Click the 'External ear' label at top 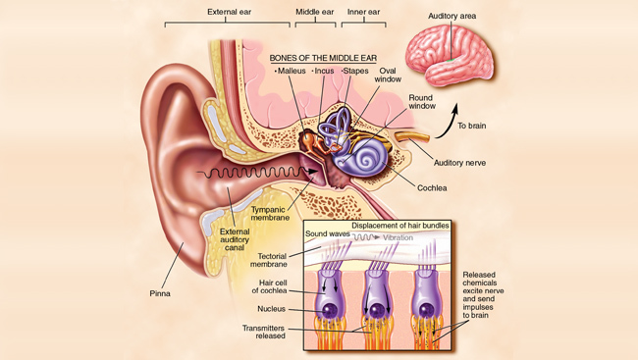coord(230,12)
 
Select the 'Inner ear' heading coord(363,12)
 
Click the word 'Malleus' coord(292,72)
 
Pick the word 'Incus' coord(326,72)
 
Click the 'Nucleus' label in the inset coord(272,308)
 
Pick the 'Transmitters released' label coord(263,331)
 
